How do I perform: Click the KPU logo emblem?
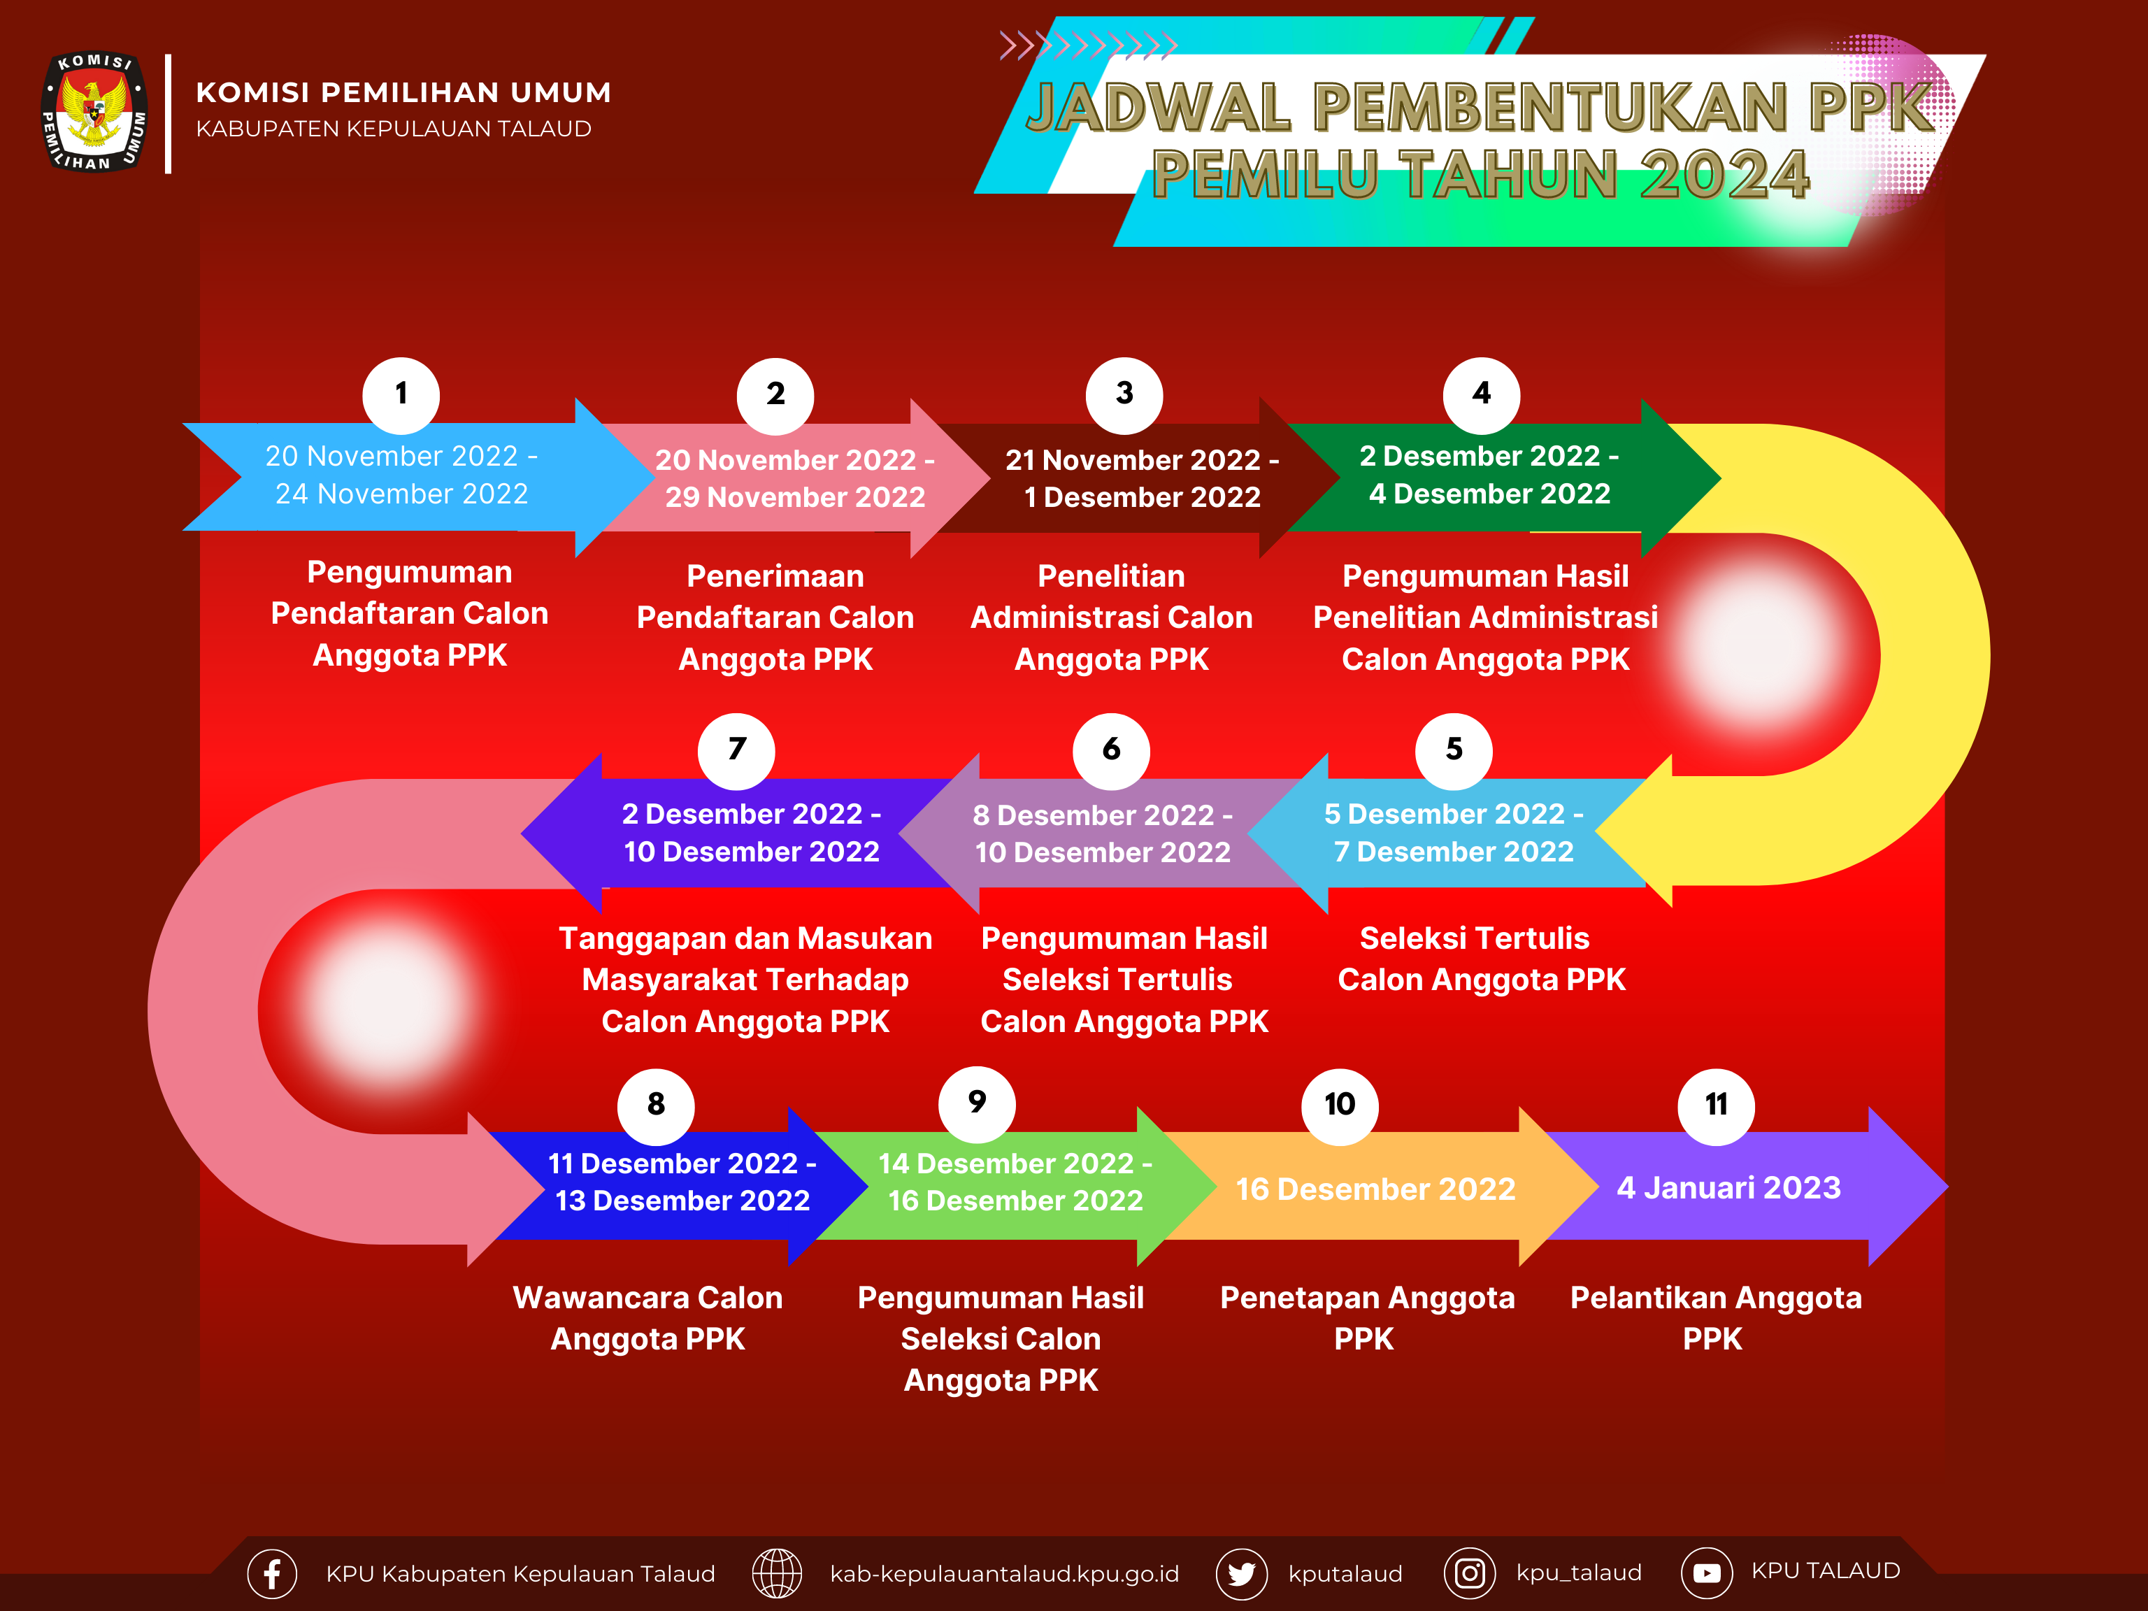[x=94, y=112]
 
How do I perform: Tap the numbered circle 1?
[x=401, y=394]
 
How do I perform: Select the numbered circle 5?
[x=1454, y=750]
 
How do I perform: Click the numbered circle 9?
[x=977, y=1103]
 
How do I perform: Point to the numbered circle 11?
[x=1716, y=1105]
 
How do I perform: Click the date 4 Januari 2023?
[x=1728, y=1187]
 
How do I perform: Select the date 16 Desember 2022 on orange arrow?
[x=1375, y=1189]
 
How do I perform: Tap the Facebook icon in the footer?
[x=272, y=1573]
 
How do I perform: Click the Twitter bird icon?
[x=1241, y=1573]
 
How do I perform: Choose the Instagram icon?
[x=1469, y=1573]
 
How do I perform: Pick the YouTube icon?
[x=1706, y=1573]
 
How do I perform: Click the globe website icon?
[x=777, y=1573]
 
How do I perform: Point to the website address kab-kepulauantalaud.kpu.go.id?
[x=1004, y=1574]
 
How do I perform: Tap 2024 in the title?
[x=1724, y=176]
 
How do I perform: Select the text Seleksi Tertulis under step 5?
[x=1474, y=938]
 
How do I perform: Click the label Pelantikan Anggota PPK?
[x=1716, y=1318]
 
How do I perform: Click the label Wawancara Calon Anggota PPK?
[x=647, y=1318]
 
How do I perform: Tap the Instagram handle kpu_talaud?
[x=1579, y=1573]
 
